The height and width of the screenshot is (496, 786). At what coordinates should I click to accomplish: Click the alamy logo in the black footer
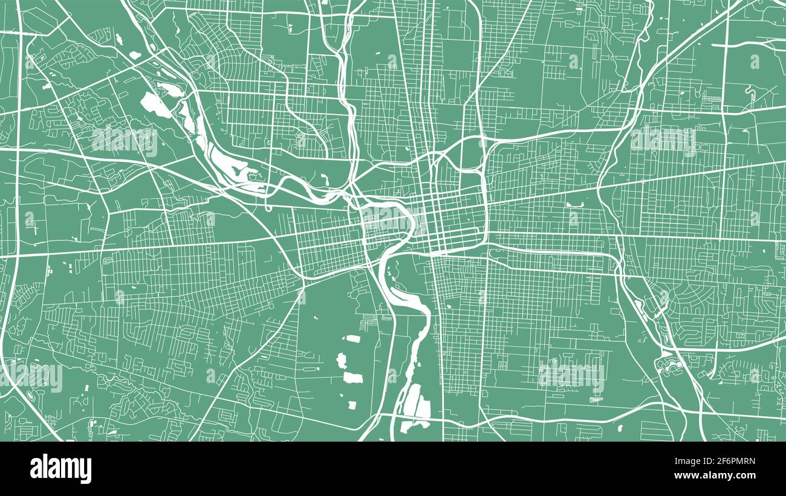pyautogui.click(x=61, y=469)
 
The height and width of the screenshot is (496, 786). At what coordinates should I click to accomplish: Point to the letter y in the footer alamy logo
pyautogui.click(x=86, y=471)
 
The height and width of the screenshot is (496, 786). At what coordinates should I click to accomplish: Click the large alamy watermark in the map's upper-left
pyautogui.click(x=124, y=141)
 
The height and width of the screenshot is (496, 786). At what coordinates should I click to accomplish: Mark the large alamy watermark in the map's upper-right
pyautogui.click(x=663, y=140)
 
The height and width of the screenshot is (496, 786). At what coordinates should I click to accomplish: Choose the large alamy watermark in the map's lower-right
pyautogui.click(x=571, y=376)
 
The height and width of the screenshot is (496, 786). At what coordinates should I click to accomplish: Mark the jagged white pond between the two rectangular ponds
pyautogui.click(x=341, y=361)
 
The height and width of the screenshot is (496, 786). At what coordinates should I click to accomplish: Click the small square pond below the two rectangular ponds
pyautogui.click(x=351, y=399)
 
